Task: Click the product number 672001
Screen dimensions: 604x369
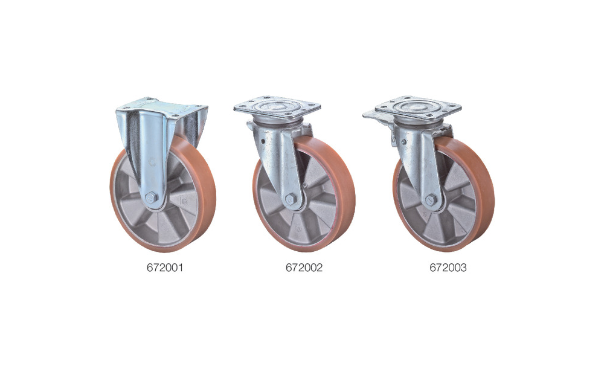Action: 164,268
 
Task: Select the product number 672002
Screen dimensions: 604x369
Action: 304,268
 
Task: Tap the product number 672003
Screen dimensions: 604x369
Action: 448,268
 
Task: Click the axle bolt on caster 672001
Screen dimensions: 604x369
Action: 152,197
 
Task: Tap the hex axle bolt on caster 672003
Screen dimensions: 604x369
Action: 431,199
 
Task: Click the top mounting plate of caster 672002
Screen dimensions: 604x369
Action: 277,107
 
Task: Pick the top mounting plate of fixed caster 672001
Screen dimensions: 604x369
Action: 162,107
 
